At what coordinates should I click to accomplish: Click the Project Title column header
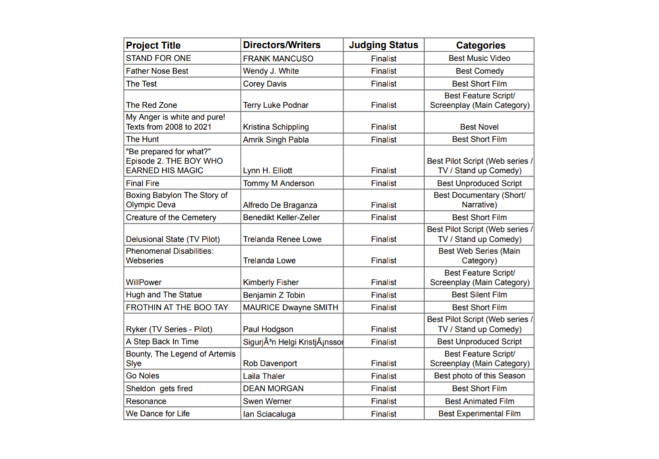click(x=153, y=46)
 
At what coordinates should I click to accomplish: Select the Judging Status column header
click(x=384, y=45)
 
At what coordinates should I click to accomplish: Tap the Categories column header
click(x=480, y=46)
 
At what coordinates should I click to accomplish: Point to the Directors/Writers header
click(x=281, y=45)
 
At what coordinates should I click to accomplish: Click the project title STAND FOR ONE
click(x=158, y=59)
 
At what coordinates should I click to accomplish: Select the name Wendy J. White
click(x=271, y=71)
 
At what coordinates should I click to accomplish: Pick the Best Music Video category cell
click(x=479, y=59)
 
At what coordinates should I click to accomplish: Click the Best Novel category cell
click(x=479, y=127)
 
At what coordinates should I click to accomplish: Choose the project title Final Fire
click(x=143, y=183)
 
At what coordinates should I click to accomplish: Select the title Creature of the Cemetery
click(x=171, y=217)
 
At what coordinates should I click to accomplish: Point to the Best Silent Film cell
click(x=479, y=295)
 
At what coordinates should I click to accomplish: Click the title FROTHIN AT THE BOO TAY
click(x=177, y=307)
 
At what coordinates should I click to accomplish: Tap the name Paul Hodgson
click(x=268, y=329)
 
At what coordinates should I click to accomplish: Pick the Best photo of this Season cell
click(x=479, y=375)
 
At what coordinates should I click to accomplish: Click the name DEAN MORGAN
click(x=273, y=388)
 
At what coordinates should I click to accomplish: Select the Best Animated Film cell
click(x=479, y=401)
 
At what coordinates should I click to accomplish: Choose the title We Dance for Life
click(x=158, y=413)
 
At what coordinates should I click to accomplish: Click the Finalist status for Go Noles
click(x=384, y=376)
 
